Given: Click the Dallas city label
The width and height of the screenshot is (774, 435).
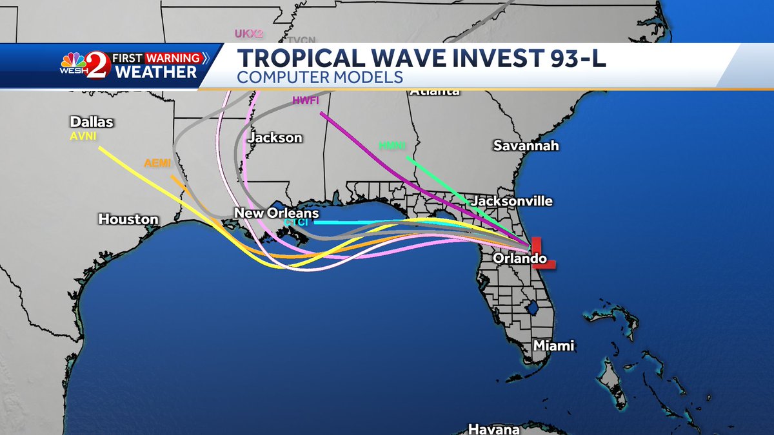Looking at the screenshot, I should (92, 122).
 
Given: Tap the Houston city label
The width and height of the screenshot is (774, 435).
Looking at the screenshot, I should (128, 220).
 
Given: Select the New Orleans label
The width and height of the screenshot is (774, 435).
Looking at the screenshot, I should (276, 213).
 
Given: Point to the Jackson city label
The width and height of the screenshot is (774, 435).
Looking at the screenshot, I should (275, 138).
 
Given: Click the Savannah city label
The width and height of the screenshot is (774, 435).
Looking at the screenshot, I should (526, 146).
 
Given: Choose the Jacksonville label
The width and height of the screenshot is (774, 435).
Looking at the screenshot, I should (512, 201).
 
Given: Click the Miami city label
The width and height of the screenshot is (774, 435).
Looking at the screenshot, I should (553, 346).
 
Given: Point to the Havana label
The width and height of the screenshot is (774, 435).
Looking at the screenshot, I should (494, 429).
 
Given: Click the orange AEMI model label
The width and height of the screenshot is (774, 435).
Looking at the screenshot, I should (157, 164).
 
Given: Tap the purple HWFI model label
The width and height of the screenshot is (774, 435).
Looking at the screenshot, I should (306, 101).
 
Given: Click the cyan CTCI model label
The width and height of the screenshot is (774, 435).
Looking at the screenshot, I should (297, 222).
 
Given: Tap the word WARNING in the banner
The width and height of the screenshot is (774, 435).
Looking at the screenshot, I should (173, 58).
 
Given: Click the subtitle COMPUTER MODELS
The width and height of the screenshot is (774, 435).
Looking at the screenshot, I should (320, 77).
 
